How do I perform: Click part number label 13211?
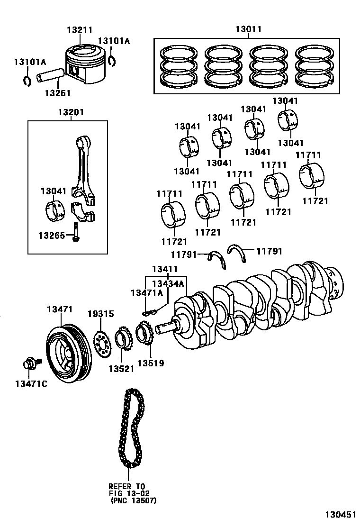(79, 29)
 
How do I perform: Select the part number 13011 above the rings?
(248, 29)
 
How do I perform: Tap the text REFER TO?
(126, 486)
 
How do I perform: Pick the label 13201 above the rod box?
(71, 112)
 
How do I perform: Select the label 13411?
(165, 270)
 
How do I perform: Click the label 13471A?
(146, 293)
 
